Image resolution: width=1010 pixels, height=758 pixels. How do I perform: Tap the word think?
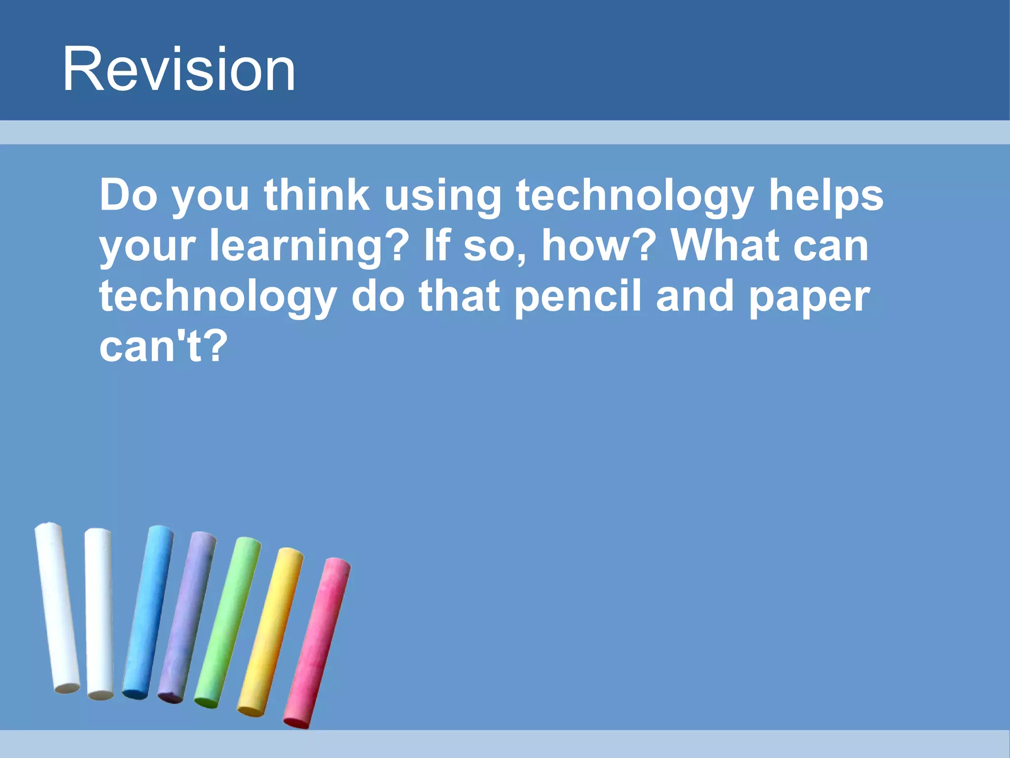317,195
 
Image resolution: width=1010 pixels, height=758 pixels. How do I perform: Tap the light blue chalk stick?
148,612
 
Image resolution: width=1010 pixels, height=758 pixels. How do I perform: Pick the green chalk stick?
228,622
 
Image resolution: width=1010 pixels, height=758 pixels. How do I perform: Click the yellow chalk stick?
270,632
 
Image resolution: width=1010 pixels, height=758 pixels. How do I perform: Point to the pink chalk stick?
317,642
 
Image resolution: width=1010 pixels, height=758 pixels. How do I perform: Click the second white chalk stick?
99,612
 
